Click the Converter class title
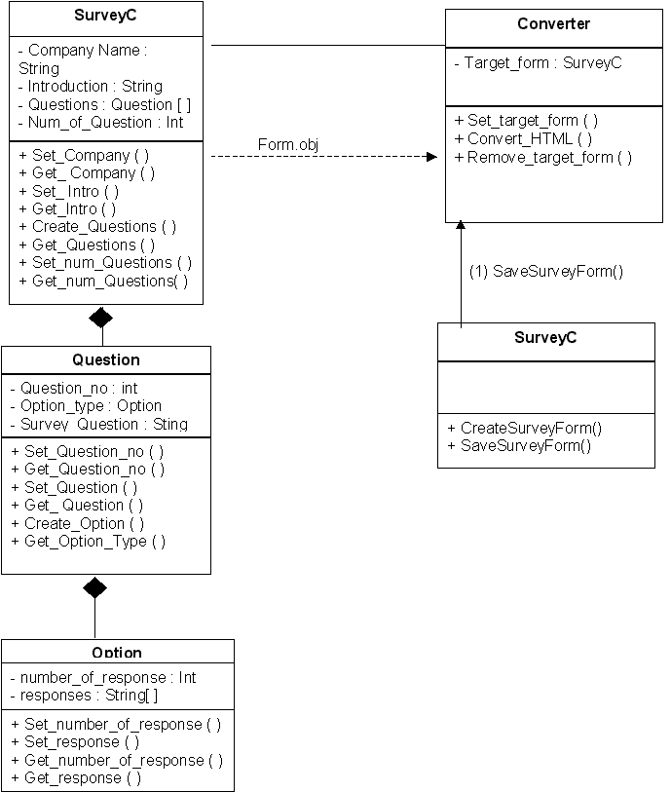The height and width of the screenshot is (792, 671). pos(553,23)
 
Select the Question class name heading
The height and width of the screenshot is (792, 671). pos(106,359)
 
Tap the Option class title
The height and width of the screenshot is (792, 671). pos(117,653)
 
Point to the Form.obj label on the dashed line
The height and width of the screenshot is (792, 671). pos(288,145)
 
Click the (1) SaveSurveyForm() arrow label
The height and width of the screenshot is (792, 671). pos(546,272)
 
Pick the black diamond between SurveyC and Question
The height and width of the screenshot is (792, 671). pos(100,317)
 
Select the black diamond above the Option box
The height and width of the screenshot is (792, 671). pos(94,586)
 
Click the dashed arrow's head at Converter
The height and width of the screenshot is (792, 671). pos(431,156)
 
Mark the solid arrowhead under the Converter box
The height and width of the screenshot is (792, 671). pos(461,226)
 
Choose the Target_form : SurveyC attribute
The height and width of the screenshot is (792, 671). pos(538,62)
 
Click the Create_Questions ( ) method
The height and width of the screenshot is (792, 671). pos(97,226)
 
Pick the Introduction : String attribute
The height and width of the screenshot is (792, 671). pos(95,87)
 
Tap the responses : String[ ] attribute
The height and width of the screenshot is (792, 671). pos(84,696)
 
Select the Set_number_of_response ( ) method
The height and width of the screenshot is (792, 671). pos(116,724)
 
